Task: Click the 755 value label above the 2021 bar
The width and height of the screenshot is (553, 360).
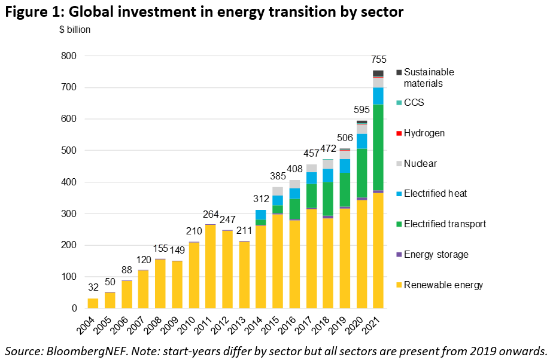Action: (379, 60)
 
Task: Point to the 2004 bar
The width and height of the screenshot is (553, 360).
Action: (93, 303)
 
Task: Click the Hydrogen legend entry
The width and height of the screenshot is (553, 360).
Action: (424, 133)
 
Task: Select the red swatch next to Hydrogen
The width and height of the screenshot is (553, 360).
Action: (398, 133)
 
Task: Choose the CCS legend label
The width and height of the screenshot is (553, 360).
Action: (413, 102)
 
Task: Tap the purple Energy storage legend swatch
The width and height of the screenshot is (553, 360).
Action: (398, 254)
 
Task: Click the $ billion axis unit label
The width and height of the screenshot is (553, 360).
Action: (75, 30)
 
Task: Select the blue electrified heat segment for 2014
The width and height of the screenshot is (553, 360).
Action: (260, 215)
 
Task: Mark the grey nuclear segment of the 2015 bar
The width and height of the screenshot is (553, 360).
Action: (277, 191)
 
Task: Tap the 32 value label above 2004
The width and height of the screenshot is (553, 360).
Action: (93, 288)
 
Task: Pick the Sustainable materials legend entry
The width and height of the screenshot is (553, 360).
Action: (429, 78)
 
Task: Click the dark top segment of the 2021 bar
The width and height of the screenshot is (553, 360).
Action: (378, 73)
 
